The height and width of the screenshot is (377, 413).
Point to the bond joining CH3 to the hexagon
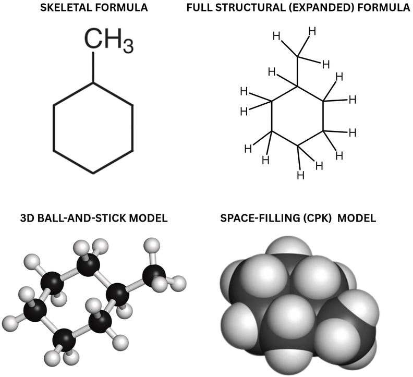point(93,67)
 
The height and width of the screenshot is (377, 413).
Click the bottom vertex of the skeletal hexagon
point(93,173)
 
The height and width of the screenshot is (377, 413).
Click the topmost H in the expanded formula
point(312,32)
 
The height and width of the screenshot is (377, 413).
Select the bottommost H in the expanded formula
point(300,175)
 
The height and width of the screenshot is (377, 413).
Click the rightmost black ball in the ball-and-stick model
point(154,276)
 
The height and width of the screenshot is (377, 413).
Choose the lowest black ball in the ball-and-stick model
point(64,340)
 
